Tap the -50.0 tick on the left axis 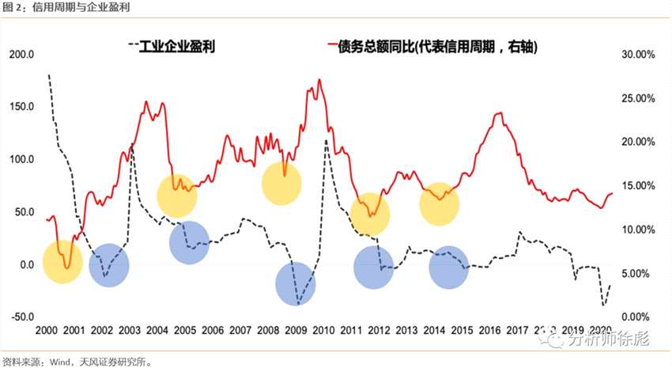(x=19, y=317)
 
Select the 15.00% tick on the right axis (x=636, y=186)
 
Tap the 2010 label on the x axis (x=323, y=329)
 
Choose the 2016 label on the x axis (x=489, y=329)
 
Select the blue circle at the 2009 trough (x=296, y=283)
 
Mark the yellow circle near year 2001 (x=62, y=262)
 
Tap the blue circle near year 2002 (x=109, y=264)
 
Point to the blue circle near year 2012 (x=379, y=267)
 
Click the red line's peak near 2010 (x=319, y=80)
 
